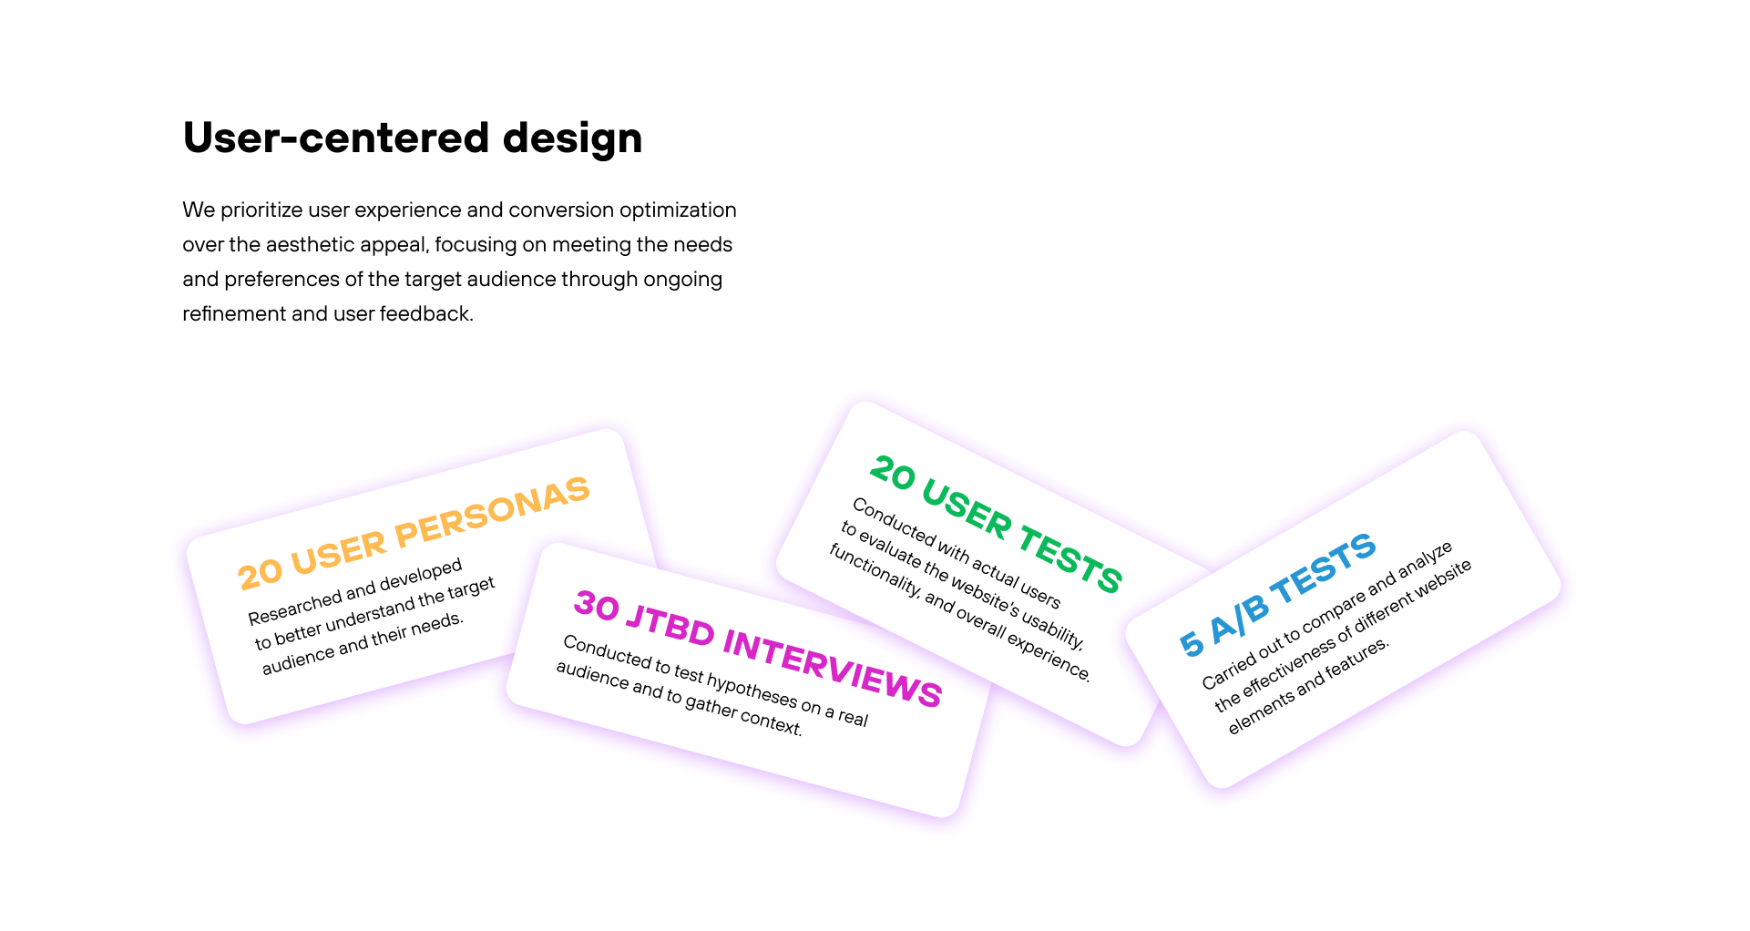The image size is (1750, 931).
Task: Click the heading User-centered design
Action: pyautogui.click(x=413, y=138)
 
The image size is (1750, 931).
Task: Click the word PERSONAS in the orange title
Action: pyautogui.click(x=493, y=512)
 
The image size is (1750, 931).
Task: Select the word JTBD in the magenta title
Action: pyautogui.click(x=670, y=626)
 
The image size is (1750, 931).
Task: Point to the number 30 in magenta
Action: pyautogui.click(x=597, y=606)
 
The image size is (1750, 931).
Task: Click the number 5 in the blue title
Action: pyautogui.click(x=1192, y=642)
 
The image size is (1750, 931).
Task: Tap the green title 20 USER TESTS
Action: pyautogui.click(x=996, y=525)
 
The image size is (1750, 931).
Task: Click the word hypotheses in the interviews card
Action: pyautogui.click(x=752, y=688)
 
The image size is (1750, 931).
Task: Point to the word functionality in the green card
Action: pyautogui.click(x=875, y=571)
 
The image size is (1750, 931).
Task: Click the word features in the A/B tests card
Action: pyautogui.click(x=1357, y=660)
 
